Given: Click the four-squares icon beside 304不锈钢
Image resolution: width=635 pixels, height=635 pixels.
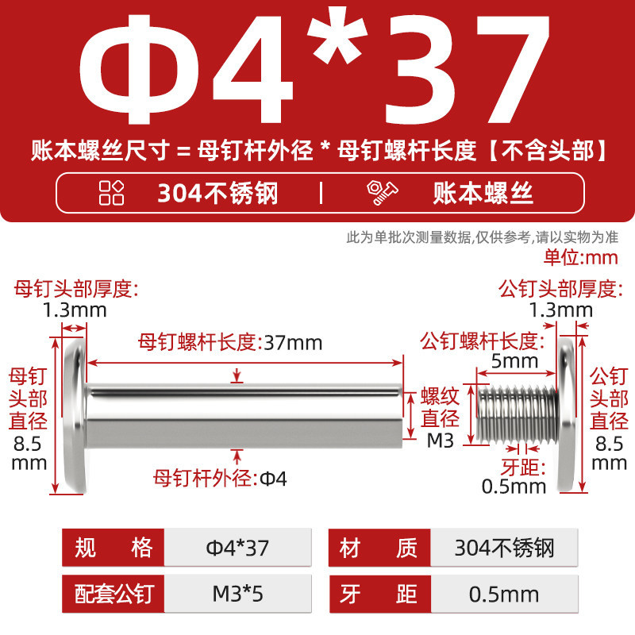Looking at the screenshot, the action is tap(111, 193).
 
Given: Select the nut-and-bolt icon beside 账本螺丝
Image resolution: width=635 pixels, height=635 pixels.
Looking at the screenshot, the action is tap(382, 193).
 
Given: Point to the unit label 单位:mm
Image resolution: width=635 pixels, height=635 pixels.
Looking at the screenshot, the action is tap(581, 257).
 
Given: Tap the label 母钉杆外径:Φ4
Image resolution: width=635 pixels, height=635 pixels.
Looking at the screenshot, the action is tap(220, 479).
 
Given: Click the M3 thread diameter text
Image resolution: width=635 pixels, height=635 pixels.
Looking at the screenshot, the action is tap(441, 441).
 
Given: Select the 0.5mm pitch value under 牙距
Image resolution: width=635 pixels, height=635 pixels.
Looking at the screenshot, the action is tap(514, 487).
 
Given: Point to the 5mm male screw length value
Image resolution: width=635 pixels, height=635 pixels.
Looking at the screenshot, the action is tap(514, 361).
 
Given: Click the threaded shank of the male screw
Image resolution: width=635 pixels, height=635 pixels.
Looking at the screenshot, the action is tap(518, 414).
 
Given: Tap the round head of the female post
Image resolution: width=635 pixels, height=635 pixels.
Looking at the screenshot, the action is tap(75, 415).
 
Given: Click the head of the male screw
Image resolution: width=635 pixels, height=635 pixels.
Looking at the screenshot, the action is tap(567, 415).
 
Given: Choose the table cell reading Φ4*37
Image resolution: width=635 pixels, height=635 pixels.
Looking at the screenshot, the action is tap(237, 548).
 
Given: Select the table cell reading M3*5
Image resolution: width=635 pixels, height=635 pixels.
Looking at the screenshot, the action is tap(237, 594).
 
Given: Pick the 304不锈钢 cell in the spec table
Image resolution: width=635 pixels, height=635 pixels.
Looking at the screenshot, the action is tap(504, 548).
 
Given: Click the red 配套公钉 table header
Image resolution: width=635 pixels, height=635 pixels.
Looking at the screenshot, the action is tap(114, 594).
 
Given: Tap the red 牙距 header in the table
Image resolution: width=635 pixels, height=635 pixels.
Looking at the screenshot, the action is tap(380, 594).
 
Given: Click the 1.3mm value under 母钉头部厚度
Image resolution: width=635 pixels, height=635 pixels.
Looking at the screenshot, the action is tap(75, 310).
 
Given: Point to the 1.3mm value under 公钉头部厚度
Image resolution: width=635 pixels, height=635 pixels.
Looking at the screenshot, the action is tap(561, 310).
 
